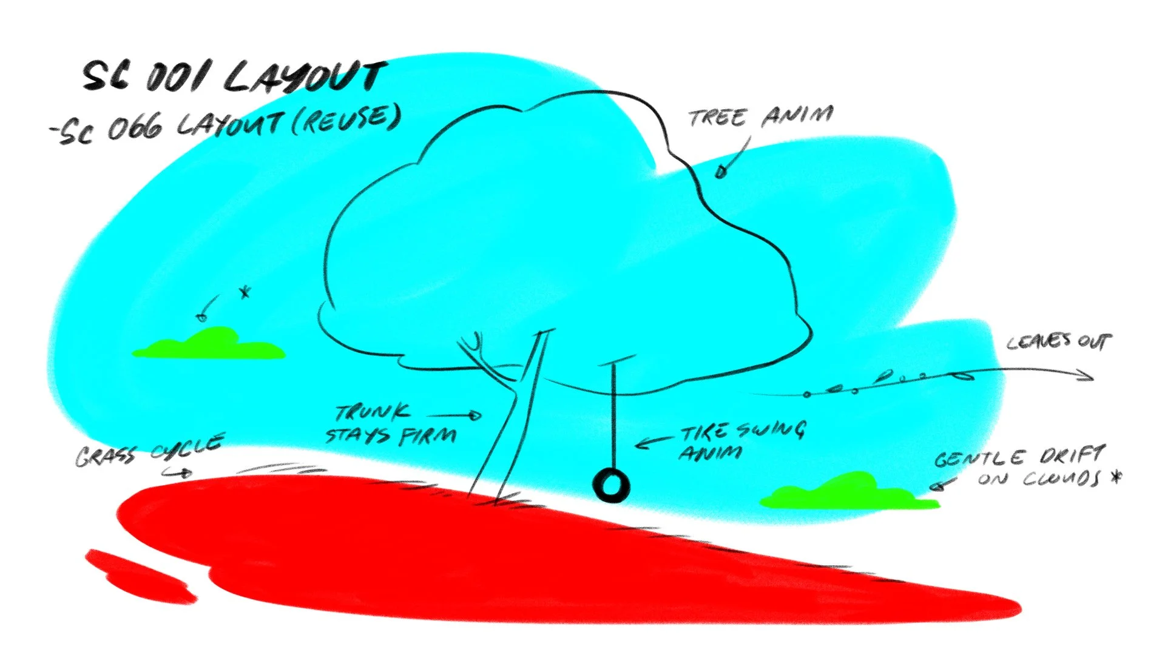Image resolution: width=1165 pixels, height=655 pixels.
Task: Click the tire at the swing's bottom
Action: tap(611, 486)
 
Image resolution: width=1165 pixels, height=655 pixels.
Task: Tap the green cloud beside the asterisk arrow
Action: tap(209, 345)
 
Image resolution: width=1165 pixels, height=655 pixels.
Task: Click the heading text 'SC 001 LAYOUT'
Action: tap(234, 77)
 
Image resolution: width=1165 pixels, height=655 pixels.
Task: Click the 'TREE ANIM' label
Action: tap(761, 116)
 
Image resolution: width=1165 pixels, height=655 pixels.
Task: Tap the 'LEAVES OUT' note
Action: tap(1059, 342)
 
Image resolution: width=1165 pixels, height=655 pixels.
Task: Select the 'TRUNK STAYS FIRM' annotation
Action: tap(391, 425)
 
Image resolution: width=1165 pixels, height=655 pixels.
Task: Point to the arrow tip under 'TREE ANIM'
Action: tap(720, 172)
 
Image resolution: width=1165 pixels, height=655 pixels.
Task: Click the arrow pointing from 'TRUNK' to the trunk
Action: tap(455, 415)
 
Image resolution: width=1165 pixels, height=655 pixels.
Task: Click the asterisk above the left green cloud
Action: tap(245, 293)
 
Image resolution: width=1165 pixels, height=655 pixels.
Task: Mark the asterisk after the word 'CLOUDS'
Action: tap(1115, 477)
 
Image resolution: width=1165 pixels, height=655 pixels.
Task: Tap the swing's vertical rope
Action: tap(613, 418)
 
